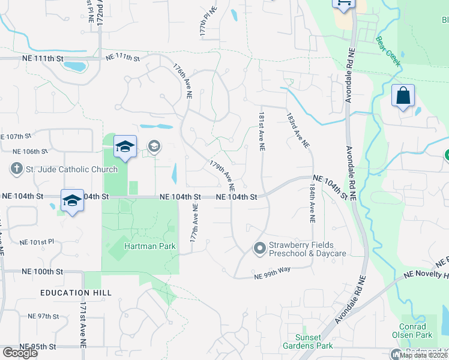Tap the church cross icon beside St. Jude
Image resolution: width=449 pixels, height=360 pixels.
16,169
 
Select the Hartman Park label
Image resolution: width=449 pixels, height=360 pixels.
145,246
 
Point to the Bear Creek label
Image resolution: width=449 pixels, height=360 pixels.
389,50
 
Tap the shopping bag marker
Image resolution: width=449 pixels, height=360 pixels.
403,96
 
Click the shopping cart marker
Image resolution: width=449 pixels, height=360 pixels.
344,4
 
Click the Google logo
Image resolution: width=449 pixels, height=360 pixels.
19,353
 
